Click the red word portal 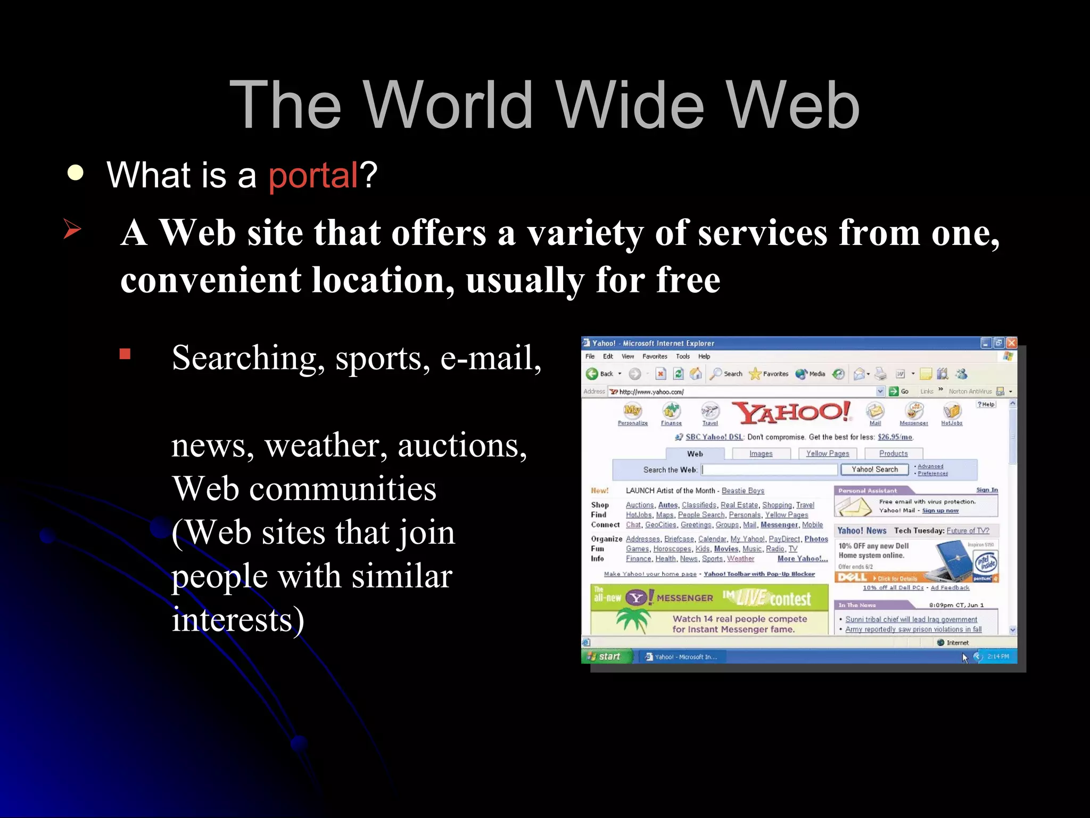(x=313, y=175)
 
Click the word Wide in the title (x=631, y=105)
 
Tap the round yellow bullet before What (x=76, y=173)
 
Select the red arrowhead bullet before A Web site (x=72, y=229)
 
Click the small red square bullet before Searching (x=125, y=354)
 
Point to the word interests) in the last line (x=238, y=620)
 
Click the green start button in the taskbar (x=605, y=657)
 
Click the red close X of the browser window (x=1011, y=343)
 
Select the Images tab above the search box (x=761, y=454)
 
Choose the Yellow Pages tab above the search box (x=827, y=454)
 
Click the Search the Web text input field (x=769, y=470)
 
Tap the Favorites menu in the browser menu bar (x=654, y=357)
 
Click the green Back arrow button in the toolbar (x=592, y=374)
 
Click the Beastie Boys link (x=742, y=491)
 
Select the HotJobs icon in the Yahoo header (x=952, y=413)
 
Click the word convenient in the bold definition (x=211, y=281)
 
